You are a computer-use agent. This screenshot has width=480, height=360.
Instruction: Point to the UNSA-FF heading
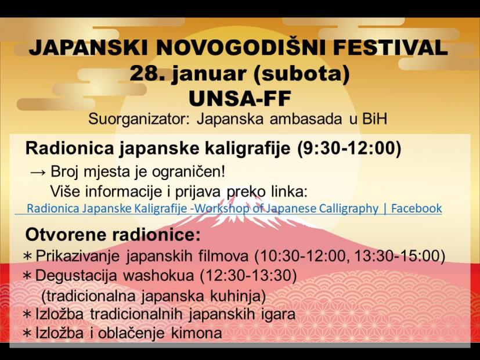click(x=240, y=98)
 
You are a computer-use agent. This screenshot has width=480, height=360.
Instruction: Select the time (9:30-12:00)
click(x=348, y=149)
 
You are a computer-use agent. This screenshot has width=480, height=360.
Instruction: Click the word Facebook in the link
click(x=416, y=208)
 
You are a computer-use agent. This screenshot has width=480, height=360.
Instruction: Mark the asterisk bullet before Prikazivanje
click(x=27, y=256)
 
